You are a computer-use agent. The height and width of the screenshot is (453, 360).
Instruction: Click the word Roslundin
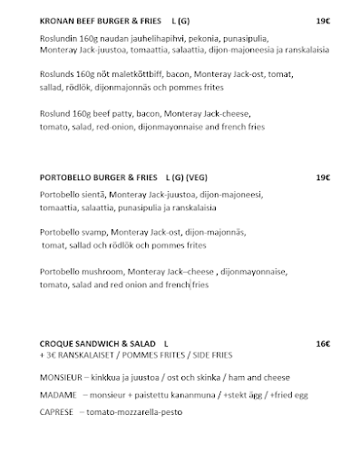point(61,43)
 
